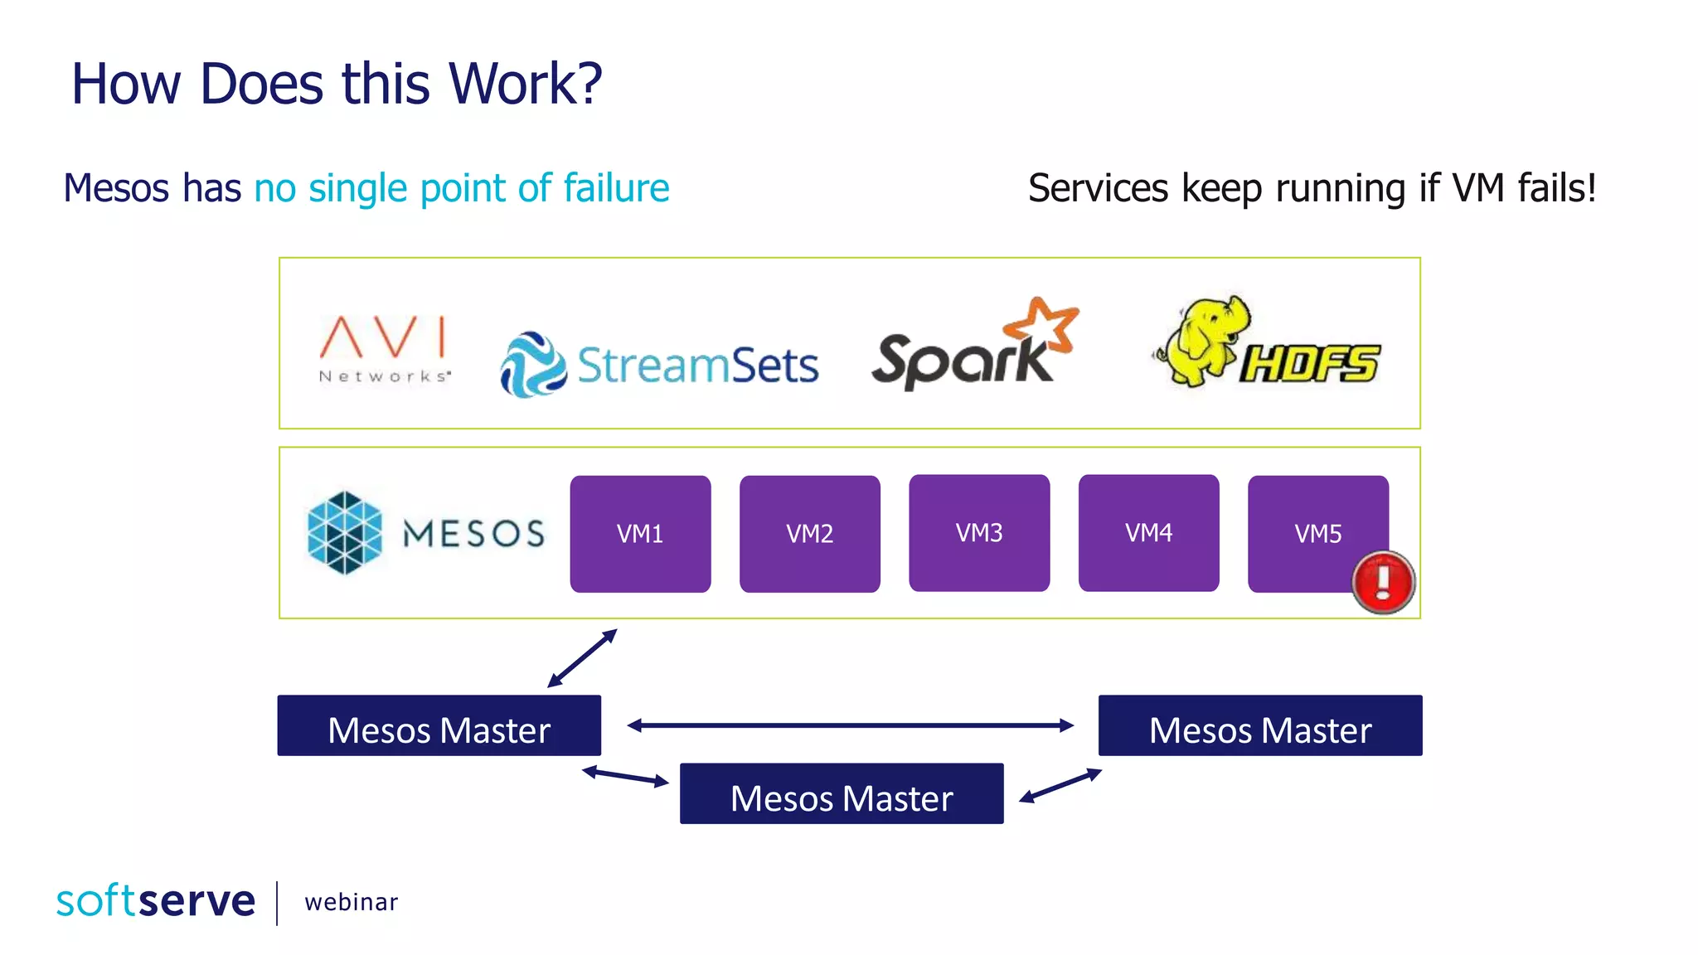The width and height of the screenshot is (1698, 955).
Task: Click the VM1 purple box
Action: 640,533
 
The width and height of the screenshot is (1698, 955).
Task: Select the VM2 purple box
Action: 809,533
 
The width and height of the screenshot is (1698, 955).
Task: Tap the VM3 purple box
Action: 979,532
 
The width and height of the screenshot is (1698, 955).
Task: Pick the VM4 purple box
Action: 1148,532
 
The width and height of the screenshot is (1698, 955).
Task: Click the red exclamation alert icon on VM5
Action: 1383,582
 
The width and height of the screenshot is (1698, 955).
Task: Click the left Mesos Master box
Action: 439,725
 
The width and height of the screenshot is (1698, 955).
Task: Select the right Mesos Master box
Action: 1259,725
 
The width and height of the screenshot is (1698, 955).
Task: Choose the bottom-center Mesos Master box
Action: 841,793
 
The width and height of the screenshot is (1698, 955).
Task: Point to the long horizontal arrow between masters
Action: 850,725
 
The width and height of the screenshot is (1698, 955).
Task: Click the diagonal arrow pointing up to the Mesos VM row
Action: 582,658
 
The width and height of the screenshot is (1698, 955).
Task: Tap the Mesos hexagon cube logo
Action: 344,532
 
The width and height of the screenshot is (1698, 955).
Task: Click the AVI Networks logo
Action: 384,349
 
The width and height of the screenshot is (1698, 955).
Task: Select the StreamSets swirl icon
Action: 533,365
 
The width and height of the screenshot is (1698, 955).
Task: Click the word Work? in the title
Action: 525,84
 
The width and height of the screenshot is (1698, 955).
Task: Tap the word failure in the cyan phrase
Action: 616,188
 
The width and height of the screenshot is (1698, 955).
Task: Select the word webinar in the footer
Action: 351,902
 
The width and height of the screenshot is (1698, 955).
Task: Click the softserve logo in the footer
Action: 155,901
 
